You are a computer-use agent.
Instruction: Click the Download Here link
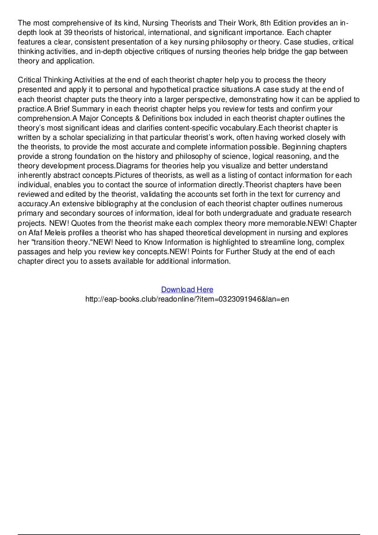tap(187, 289)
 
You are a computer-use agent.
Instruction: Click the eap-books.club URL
tap(187, 299)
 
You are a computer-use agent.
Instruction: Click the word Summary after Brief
tap(84, 108)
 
